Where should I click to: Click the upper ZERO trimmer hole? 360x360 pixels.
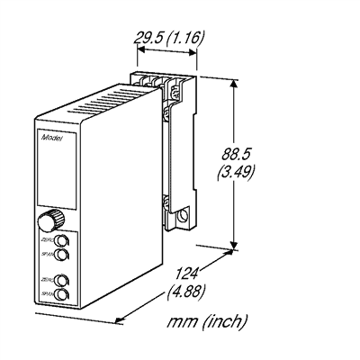(x=60, y=242)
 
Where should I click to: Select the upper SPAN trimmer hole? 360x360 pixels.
(x=61, y=256)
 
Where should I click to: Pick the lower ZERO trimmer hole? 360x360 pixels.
(x=60, y=280)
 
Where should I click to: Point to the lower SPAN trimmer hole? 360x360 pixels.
(x=61, y=293)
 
